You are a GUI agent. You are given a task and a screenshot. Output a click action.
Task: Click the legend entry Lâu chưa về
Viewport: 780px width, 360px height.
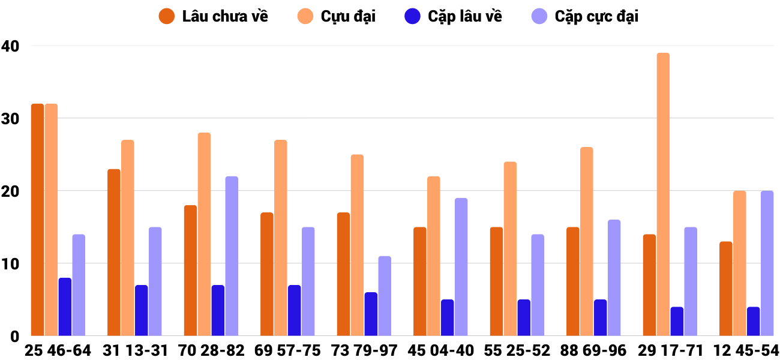[x=214, y=16]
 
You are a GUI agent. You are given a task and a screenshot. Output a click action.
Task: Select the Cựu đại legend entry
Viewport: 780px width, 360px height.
[x=336, y=16]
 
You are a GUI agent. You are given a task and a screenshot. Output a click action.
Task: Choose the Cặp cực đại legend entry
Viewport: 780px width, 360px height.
[x=584, y=16]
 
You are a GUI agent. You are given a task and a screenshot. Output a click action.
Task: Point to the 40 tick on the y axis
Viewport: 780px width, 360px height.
[x=10, y=46]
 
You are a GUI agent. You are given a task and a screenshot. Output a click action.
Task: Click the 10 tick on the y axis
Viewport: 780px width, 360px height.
[x=10, y=264]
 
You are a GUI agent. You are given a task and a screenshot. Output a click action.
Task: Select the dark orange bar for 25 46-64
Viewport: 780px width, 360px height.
[x=37, y=220]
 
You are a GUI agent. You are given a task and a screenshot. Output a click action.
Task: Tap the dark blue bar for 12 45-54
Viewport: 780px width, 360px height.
[x=754, y=322]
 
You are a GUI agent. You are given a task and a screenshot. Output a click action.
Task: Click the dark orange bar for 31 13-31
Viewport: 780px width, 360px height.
[x=114, y=253]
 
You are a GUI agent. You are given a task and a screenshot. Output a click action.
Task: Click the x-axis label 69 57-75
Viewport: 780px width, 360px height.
[x=287, y=350]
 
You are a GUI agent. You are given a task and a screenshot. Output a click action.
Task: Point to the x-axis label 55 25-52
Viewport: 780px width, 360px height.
[x=517, y=350]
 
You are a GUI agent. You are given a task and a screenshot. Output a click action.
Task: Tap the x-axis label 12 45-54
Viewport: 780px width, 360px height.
[x=746, y=350]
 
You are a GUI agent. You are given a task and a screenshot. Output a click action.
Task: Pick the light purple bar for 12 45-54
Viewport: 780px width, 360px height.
[x=767, y=263]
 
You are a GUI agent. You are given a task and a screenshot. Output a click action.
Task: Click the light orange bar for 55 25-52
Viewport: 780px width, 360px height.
[x=510, y=249]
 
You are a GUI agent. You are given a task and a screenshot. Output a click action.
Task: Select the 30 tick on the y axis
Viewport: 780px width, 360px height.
[x=10, y=119]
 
